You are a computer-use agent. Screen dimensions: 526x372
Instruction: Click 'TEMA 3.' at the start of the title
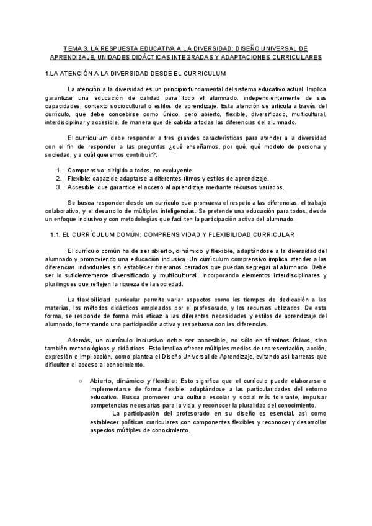tap(75, 48)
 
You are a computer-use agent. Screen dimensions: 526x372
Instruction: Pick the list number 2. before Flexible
tap(58, 178)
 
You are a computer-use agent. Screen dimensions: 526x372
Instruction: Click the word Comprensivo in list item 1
tap(86, 170)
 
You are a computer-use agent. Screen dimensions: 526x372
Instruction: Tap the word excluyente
tap(177, 170)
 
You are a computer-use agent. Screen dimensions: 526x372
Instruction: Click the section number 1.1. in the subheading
tap(56, 234)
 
